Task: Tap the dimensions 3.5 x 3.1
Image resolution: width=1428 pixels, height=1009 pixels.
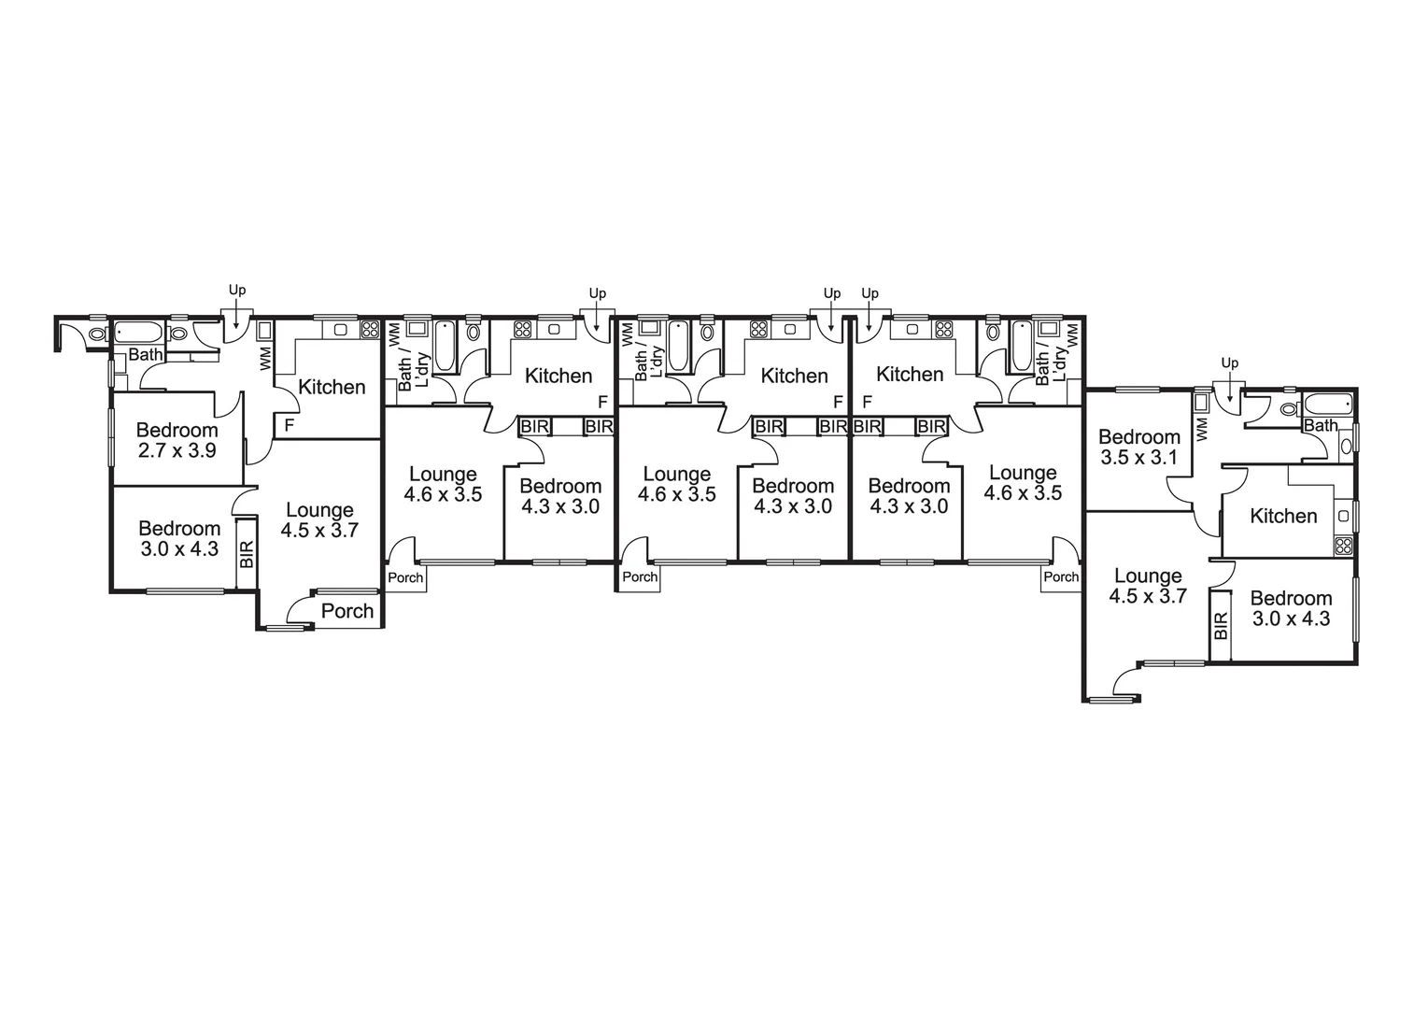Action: click(1138, 458)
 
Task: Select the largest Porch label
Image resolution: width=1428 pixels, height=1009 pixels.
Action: click(347, 611)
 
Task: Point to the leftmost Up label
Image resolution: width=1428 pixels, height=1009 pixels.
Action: click(237, 291)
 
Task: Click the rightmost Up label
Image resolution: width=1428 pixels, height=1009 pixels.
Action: click(1230, 362)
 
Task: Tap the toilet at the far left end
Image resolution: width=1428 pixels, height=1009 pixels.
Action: click(97, 334)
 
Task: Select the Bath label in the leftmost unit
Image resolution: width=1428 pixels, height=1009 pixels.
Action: click(145, 355)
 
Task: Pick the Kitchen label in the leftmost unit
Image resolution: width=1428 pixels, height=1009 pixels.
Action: click(332, 387)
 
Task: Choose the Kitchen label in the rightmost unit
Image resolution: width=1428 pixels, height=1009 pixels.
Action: click(1283, 516)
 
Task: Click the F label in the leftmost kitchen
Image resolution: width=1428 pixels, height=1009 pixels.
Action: click(290, 426)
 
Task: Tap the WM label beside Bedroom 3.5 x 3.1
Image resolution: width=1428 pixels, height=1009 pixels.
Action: click(1202, 428)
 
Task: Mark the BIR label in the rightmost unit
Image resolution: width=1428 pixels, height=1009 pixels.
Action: click(1221, 625)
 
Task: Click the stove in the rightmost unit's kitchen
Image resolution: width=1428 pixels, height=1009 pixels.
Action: click(1344, 546)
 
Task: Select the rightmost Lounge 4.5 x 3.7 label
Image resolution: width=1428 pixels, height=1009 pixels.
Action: click(1148, 586)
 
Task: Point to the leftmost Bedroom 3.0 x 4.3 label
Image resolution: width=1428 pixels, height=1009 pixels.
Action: click(179, 539)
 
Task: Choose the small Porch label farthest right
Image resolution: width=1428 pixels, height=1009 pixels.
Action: click(1060, 577)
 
